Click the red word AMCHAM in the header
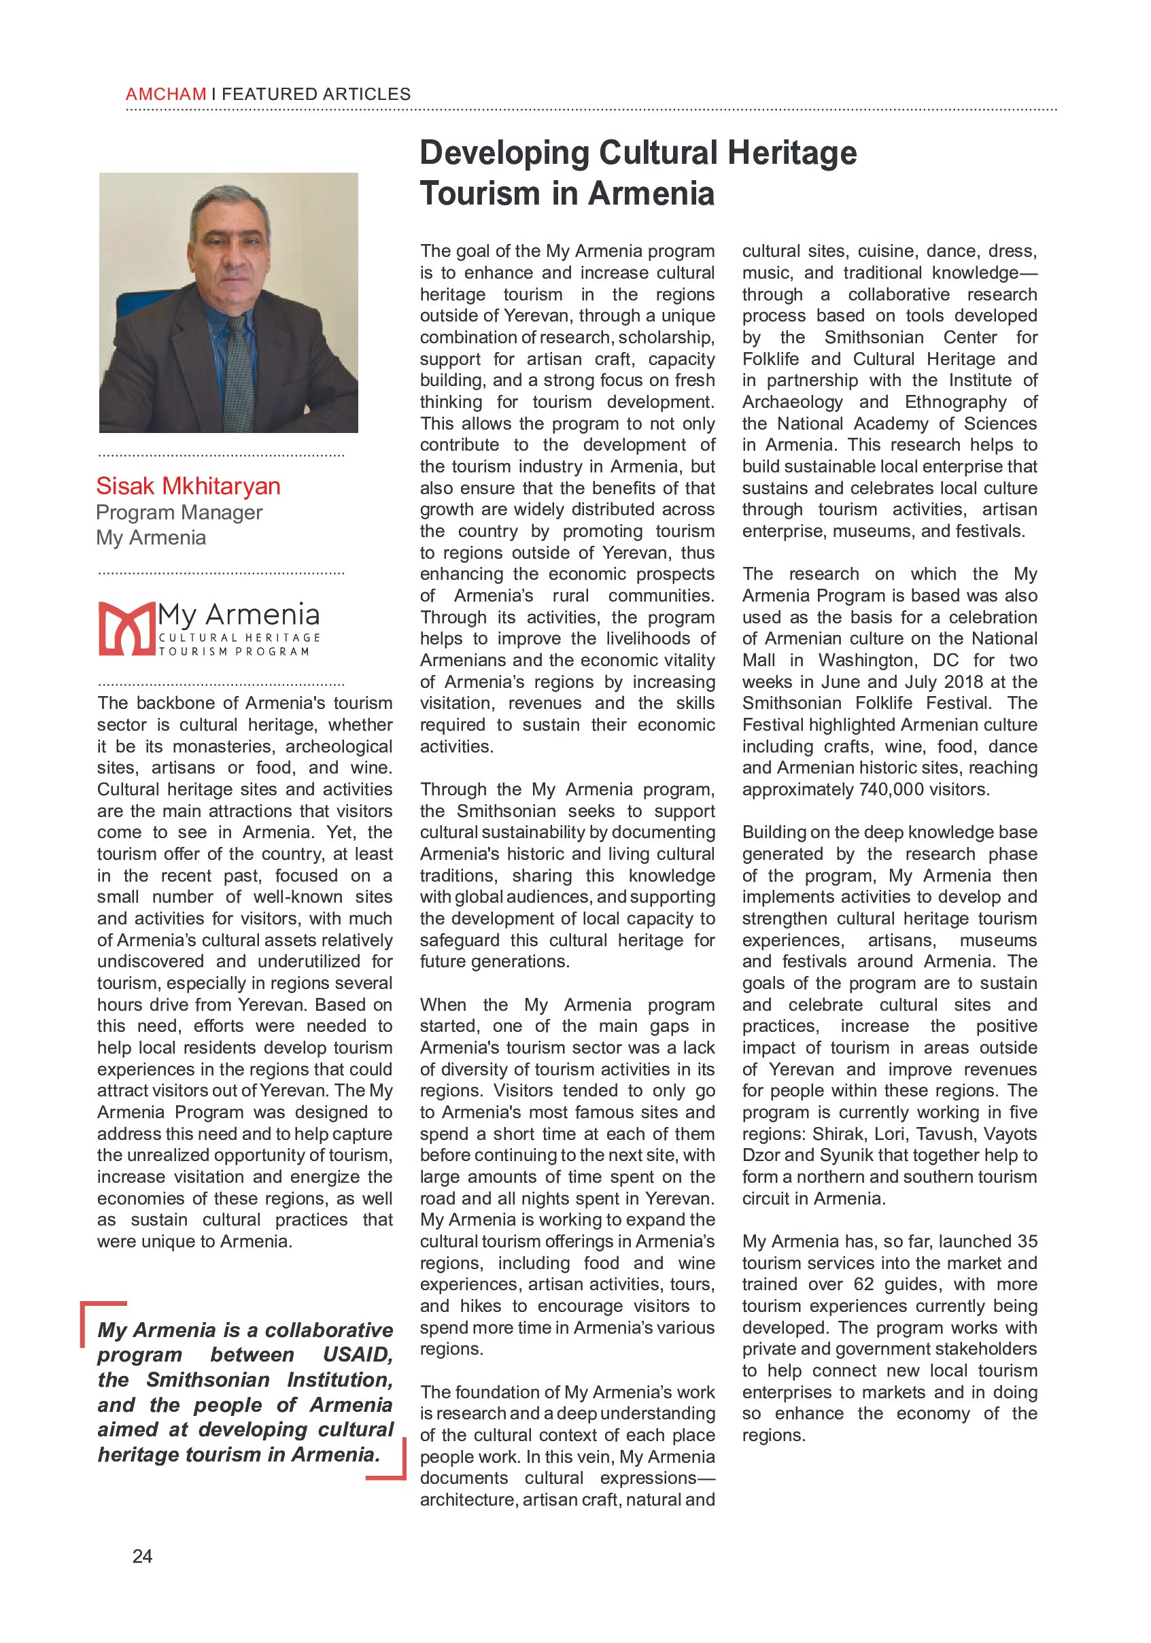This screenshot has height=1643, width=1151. coord(165,94)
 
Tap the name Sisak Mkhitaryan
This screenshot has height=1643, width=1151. coord(188,486)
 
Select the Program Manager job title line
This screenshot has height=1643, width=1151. coord(179,513)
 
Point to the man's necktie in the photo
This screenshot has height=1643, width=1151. coord(239,372)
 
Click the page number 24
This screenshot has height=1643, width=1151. coord(143,1557)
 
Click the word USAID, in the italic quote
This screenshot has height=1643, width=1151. coord(357,1355)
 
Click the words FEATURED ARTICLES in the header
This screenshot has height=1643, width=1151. coord(315,94)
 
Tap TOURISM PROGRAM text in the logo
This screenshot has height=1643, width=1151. coord(233,652)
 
